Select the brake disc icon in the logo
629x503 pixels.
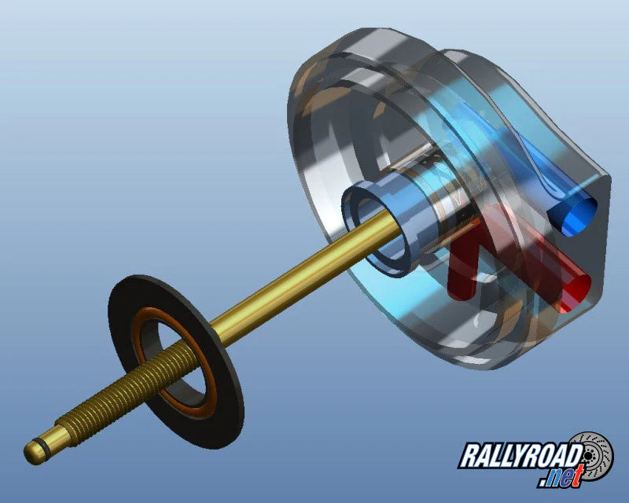click(593, 456)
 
